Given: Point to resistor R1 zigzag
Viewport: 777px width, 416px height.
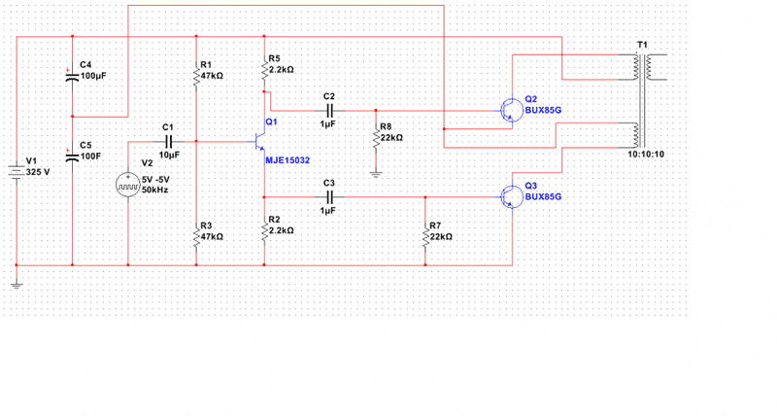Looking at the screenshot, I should click(197, 76).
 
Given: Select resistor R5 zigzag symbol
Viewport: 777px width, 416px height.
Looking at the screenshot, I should click(265, 72).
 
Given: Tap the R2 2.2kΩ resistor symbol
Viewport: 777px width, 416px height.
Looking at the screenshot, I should click(265, 231).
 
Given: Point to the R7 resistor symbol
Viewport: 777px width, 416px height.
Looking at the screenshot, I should click(425, 236).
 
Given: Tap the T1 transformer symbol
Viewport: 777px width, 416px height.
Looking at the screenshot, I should click(641, 97).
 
